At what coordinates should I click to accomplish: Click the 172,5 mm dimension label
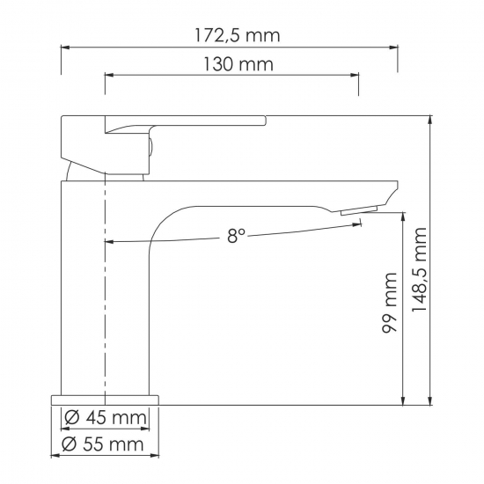click(236, 36)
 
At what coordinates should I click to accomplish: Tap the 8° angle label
click(236, 235)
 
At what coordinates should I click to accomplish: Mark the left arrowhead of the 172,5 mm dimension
click(64, 49)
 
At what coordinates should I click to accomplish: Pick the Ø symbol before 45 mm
click(72, 417)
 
